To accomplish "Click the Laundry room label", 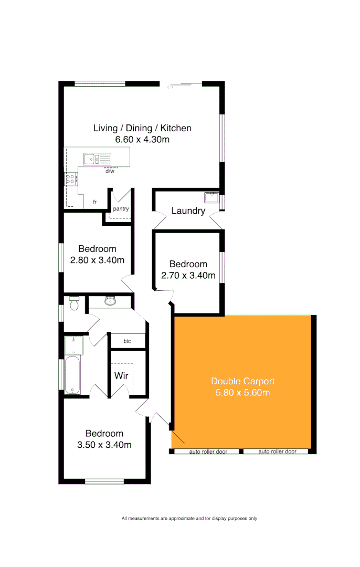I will tap(188, 211).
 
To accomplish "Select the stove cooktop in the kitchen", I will tap(70, 179).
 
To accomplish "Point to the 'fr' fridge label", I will tap(95, 202).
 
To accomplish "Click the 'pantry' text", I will tap(121, 209).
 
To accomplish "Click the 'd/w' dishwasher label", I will tap(110, 171).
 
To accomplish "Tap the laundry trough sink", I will tap(211, 198).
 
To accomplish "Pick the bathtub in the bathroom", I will tap(72, 374).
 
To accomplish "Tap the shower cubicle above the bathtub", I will tap(73, 345).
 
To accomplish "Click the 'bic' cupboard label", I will tap(127, 341).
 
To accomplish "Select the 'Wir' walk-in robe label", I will tap(121, 376).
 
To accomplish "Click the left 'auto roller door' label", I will tap(208, 451).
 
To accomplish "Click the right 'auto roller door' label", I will tap(277, 451).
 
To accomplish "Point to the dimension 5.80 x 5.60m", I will tap(242, 392).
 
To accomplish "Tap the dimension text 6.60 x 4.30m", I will tap(142, 140).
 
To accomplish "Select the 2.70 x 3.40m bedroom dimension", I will tap(188, 275).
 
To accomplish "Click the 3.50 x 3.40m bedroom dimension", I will tap(104, 445).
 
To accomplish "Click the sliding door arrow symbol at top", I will tap(170, 87).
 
